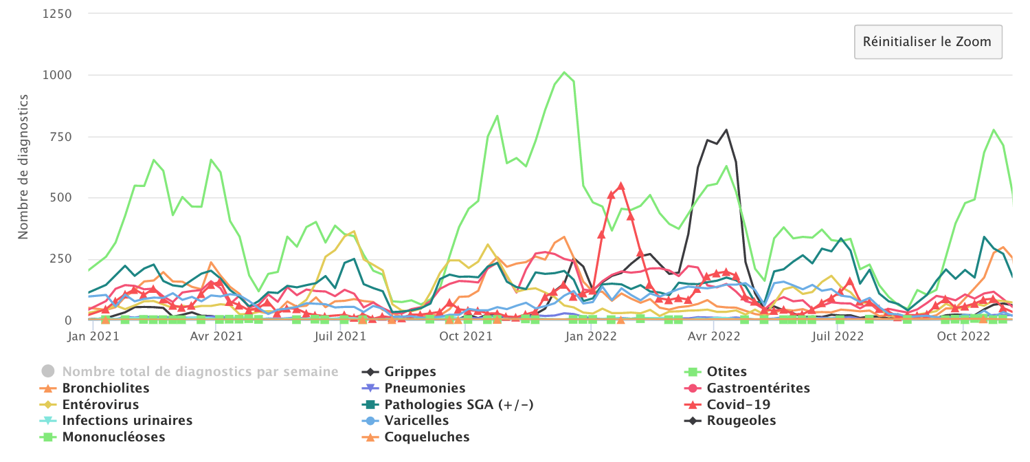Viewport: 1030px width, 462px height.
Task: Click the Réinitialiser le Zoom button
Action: [x=928, y=42]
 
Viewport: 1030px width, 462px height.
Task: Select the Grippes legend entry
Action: [x=410, y=372]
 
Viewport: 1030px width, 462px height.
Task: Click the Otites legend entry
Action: [x=726, y=372]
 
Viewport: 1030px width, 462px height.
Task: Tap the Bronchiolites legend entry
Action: [x=106, y=388]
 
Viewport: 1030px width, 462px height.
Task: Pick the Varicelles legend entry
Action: [x=416, y=421]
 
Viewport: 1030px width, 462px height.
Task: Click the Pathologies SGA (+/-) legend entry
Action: [x=459, y=404]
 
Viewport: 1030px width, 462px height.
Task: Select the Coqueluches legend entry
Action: [x=427, y=437]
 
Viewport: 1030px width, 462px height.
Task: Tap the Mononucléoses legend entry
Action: [x=113, y=437]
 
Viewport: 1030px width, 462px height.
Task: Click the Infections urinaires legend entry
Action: [x=127, y=421]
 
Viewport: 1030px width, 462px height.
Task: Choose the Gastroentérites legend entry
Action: [x=758, y=388]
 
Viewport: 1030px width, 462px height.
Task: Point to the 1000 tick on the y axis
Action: [x=57, y=75]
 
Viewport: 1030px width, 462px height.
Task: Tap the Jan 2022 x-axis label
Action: [x=592, y=337]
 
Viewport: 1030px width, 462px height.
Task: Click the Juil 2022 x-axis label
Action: [x=838, y=337]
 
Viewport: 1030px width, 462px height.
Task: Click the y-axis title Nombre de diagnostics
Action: [x=23, y=166]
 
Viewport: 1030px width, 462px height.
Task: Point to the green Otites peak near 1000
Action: [x=564, y=72]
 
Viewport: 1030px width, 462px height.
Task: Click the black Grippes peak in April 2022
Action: [x=726, y=129]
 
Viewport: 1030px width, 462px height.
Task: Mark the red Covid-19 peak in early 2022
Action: [x=620, y=186]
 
